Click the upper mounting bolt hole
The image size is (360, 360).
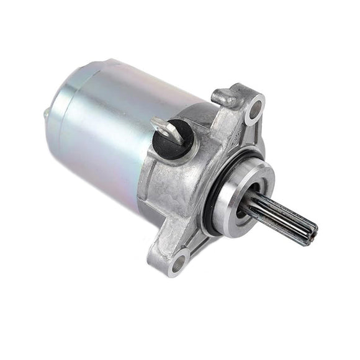click(253, 113)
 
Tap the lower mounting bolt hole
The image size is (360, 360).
click(178, 259)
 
